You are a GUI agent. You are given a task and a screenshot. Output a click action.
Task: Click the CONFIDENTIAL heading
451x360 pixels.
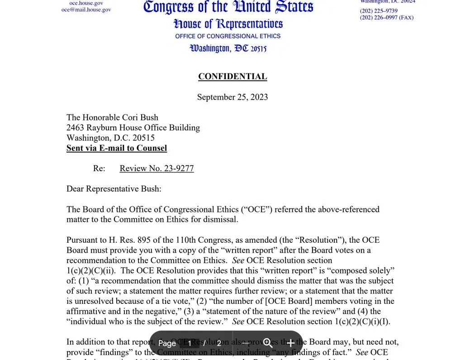click(x=233, y=77)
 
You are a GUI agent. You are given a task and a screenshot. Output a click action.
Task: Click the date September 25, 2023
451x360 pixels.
click(x=233, y=97)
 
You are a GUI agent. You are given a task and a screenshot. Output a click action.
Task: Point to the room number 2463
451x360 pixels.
click(x=75, y=128)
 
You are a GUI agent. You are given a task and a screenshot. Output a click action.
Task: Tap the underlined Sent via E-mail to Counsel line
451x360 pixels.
click(x=117, y=148)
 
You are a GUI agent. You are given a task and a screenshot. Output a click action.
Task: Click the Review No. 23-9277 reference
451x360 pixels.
click(x=157, y=168)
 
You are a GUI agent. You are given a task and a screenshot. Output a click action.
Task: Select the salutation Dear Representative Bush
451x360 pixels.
click(x=114, y=189)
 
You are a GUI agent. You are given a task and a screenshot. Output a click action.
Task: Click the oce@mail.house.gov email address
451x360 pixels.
click(x=86, y=10)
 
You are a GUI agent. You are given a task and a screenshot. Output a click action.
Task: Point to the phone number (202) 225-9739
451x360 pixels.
click(x=379, y=11)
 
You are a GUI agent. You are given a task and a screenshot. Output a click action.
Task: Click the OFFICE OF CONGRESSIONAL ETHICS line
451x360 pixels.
click(x=228, y=36)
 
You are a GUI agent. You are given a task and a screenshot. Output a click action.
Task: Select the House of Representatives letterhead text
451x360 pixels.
click(x=228, y=24)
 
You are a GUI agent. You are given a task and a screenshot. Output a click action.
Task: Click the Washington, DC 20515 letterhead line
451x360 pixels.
click(x=228, y=48)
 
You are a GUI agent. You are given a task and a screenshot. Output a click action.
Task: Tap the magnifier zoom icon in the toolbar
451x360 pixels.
click(x=268, y=343)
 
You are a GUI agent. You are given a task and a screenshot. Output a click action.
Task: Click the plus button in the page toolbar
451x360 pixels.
click(x=290, y=343)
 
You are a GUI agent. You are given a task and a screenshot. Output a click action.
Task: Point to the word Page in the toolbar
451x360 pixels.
click(x=167, y=343)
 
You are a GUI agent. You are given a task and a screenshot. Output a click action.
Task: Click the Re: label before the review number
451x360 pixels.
click(x=99, y=168)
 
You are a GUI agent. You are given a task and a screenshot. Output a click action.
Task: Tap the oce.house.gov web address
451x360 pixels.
click(x=86, y=3)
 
